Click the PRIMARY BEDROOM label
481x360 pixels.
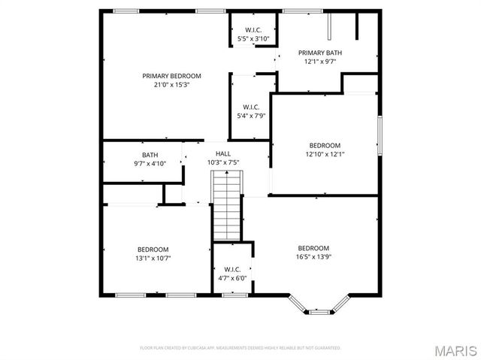172,76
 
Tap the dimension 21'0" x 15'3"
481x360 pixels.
172,84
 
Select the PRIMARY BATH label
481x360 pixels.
320,53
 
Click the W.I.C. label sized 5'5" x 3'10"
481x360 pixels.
252,30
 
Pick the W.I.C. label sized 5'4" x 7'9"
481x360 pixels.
250,107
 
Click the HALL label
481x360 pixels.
222,154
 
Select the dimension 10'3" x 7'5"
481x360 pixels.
222,162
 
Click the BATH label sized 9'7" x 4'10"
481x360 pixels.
150,155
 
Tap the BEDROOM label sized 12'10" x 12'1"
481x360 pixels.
325,146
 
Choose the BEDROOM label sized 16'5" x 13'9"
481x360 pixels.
313,249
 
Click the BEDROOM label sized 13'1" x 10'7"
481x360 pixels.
153,250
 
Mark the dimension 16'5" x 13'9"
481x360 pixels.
313,257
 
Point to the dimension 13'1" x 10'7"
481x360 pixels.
153,258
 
